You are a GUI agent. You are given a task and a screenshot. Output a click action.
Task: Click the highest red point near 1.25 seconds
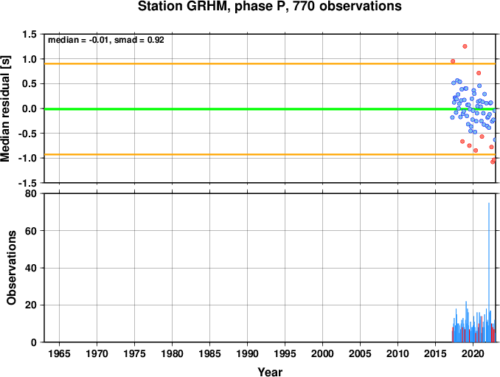click(x=465, y=46)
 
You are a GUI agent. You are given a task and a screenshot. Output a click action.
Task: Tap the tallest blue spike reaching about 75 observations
click(x=489, y=272)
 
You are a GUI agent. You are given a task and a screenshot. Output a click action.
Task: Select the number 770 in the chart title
click(x=305, y=7)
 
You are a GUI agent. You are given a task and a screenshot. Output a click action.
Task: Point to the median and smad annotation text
click(x=106, y=40)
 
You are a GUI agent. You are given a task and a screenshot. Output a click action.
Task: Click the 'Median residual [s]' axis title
click(x=5, y=108)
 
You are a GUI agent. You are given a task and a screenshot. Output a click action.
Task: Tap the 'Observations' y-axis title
click(x=11, y=268)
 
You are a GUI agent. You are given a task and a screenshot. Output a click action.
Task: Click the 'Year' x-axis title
click(x=270, y=372)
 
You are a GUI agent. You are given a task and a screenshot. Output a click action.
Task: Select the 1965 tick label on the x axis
click(x=59, y=353)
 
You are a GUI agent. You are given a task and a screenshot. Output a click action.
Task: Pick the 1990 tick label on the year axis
click(x=248, y=353)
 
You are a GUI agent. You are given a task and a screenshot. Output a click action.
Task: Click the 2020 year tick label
click(x=473, y=353)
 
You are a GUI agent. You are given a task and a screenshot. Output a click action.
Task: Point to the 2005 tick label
click(x=361, y=353)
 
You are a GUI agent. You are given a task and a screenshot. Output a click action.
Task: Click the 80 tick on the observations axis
click(x=31, y=193)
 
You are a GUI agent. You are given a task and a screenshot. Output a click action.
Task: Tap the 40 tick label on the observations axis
click(x=31, y=268)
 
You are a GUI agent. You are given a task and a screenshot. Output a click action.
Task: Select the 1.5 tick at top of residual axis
click(x=29, y=34)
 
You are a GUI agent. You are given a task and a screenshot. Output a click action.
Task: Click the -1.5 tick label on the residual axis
click(x=28, y=183)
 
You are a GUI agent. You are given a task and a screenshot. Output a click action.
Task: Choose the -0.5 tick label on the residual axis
click(x=28, y=134)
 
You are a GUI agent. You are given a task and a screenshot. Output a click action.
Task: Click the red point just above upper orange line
click(x=453, y=61)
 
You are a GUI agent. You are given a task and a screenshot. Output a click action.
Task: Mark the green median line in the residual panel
click(x=270, y=109)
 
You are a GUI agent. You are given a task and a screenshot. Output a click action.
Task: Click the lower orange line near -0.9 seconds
click(x=270, y=155)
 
